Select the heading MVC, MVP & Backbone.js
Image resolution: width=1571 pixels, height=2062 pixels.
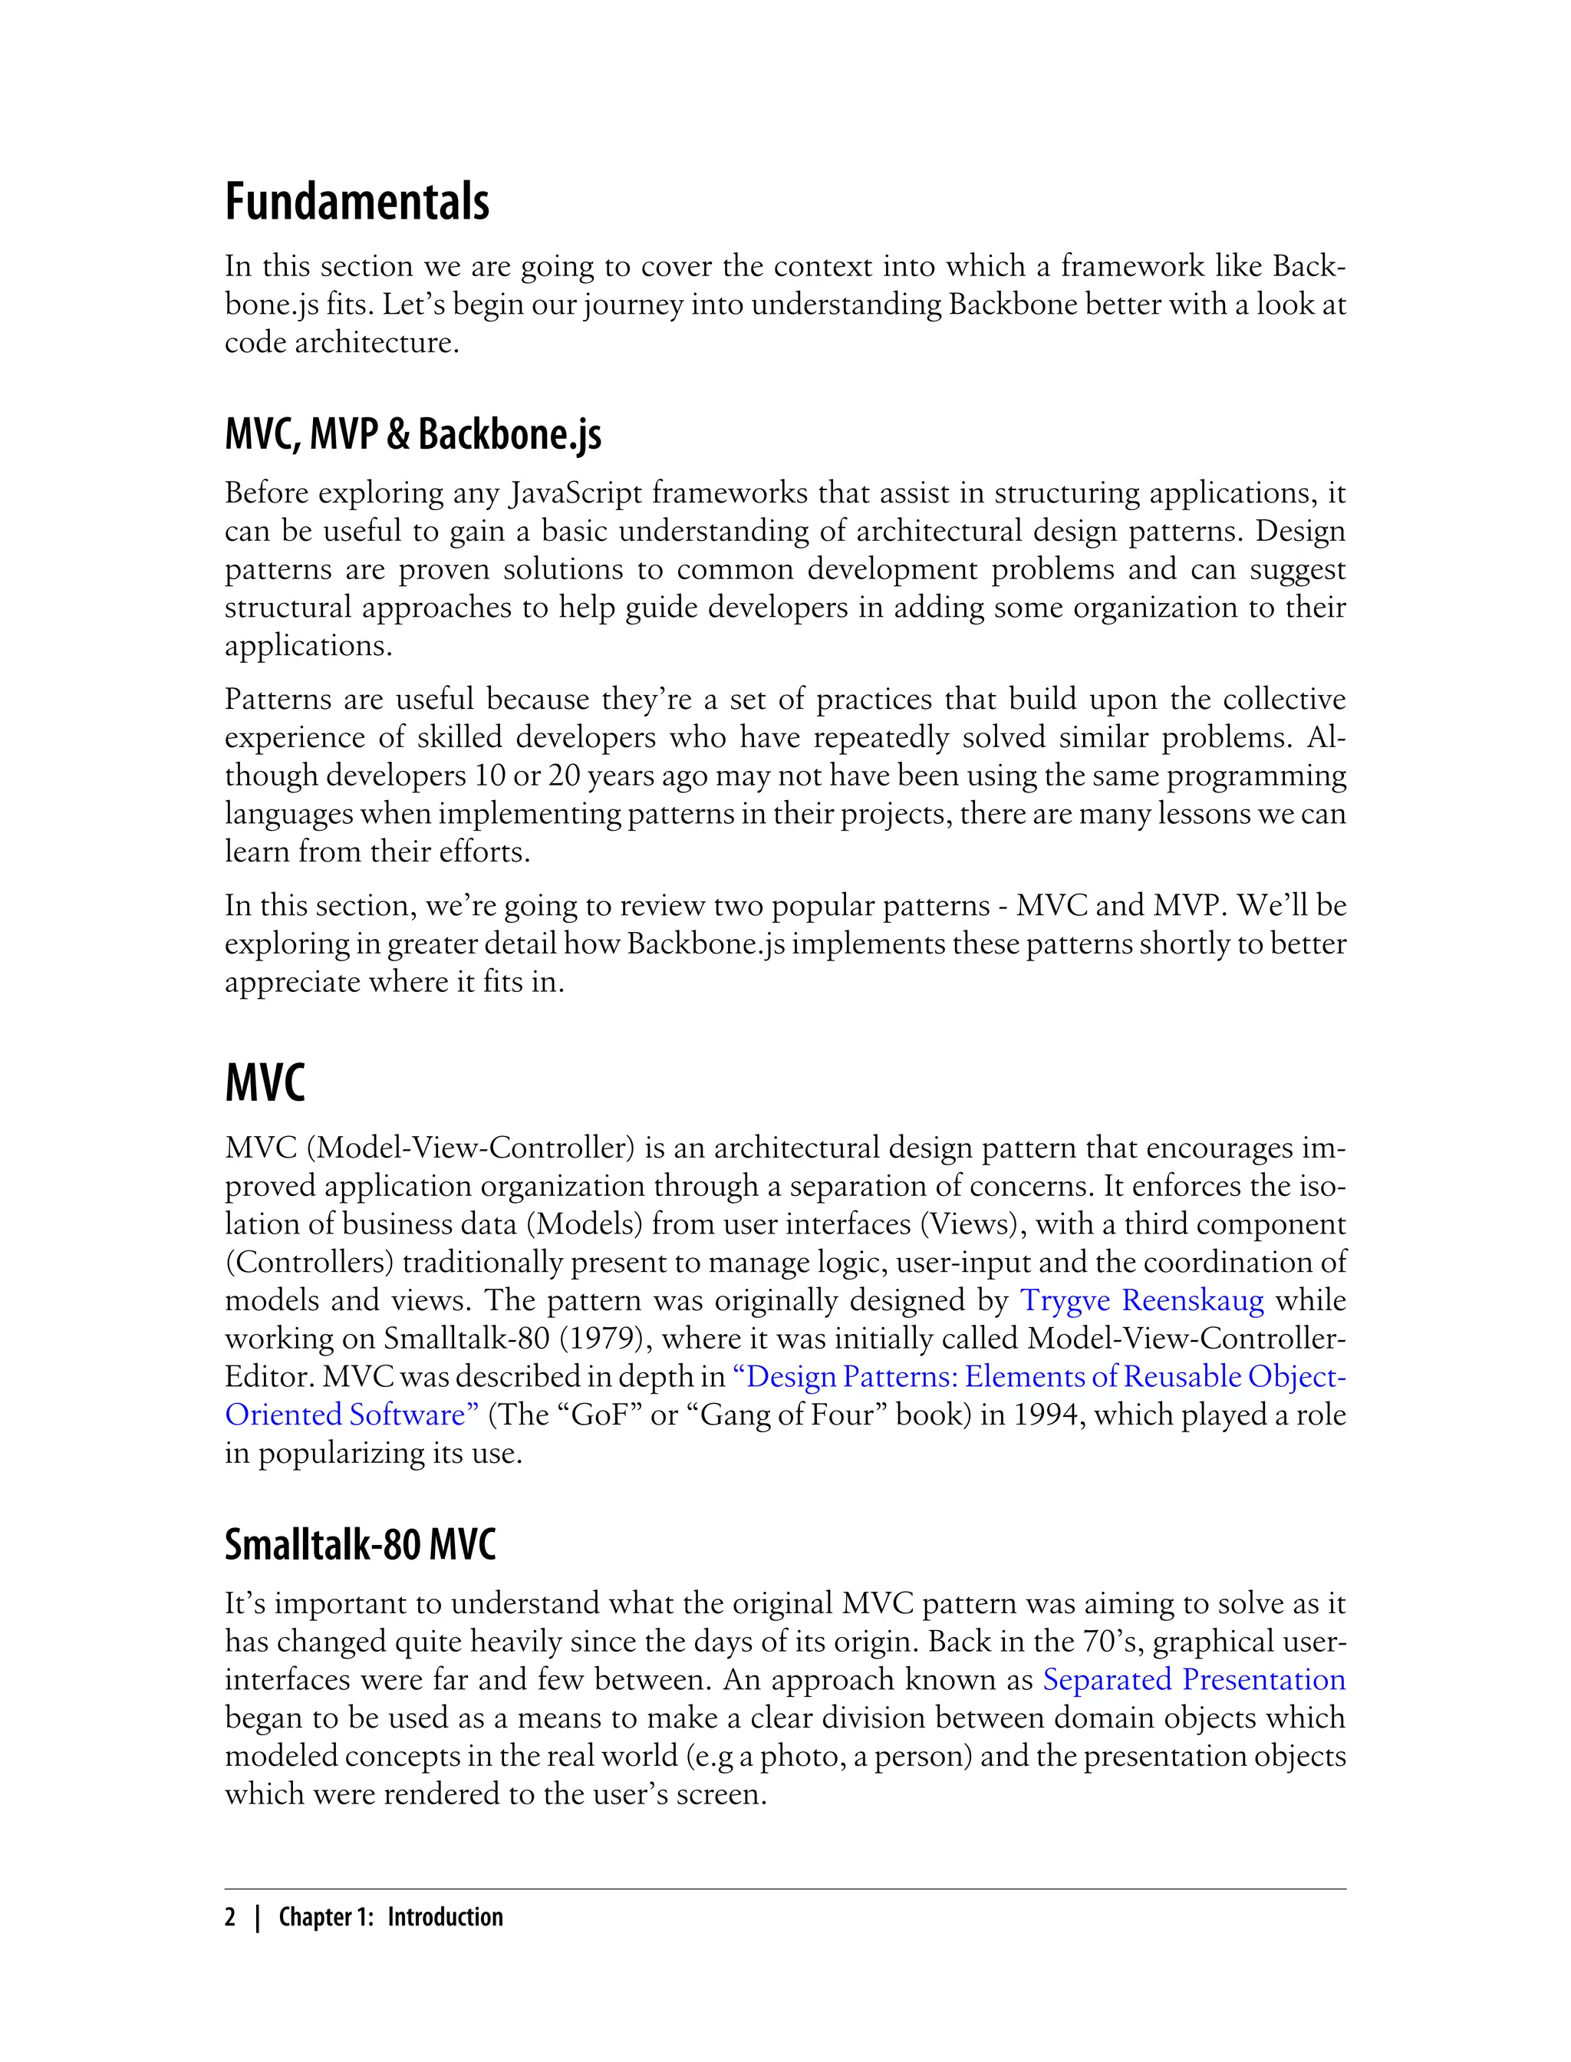(413, 434)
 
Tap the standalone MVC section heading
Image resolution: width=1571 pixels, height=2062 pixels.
(265, 1083)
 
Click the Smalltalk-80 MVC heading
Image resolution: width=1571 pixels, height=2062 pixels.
(360, 1545)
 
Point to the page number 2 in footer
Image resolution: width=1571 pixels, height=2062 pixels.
(231, 1917)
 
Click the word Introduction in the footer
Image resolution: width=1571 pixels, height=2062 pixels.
(445, 1917)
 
